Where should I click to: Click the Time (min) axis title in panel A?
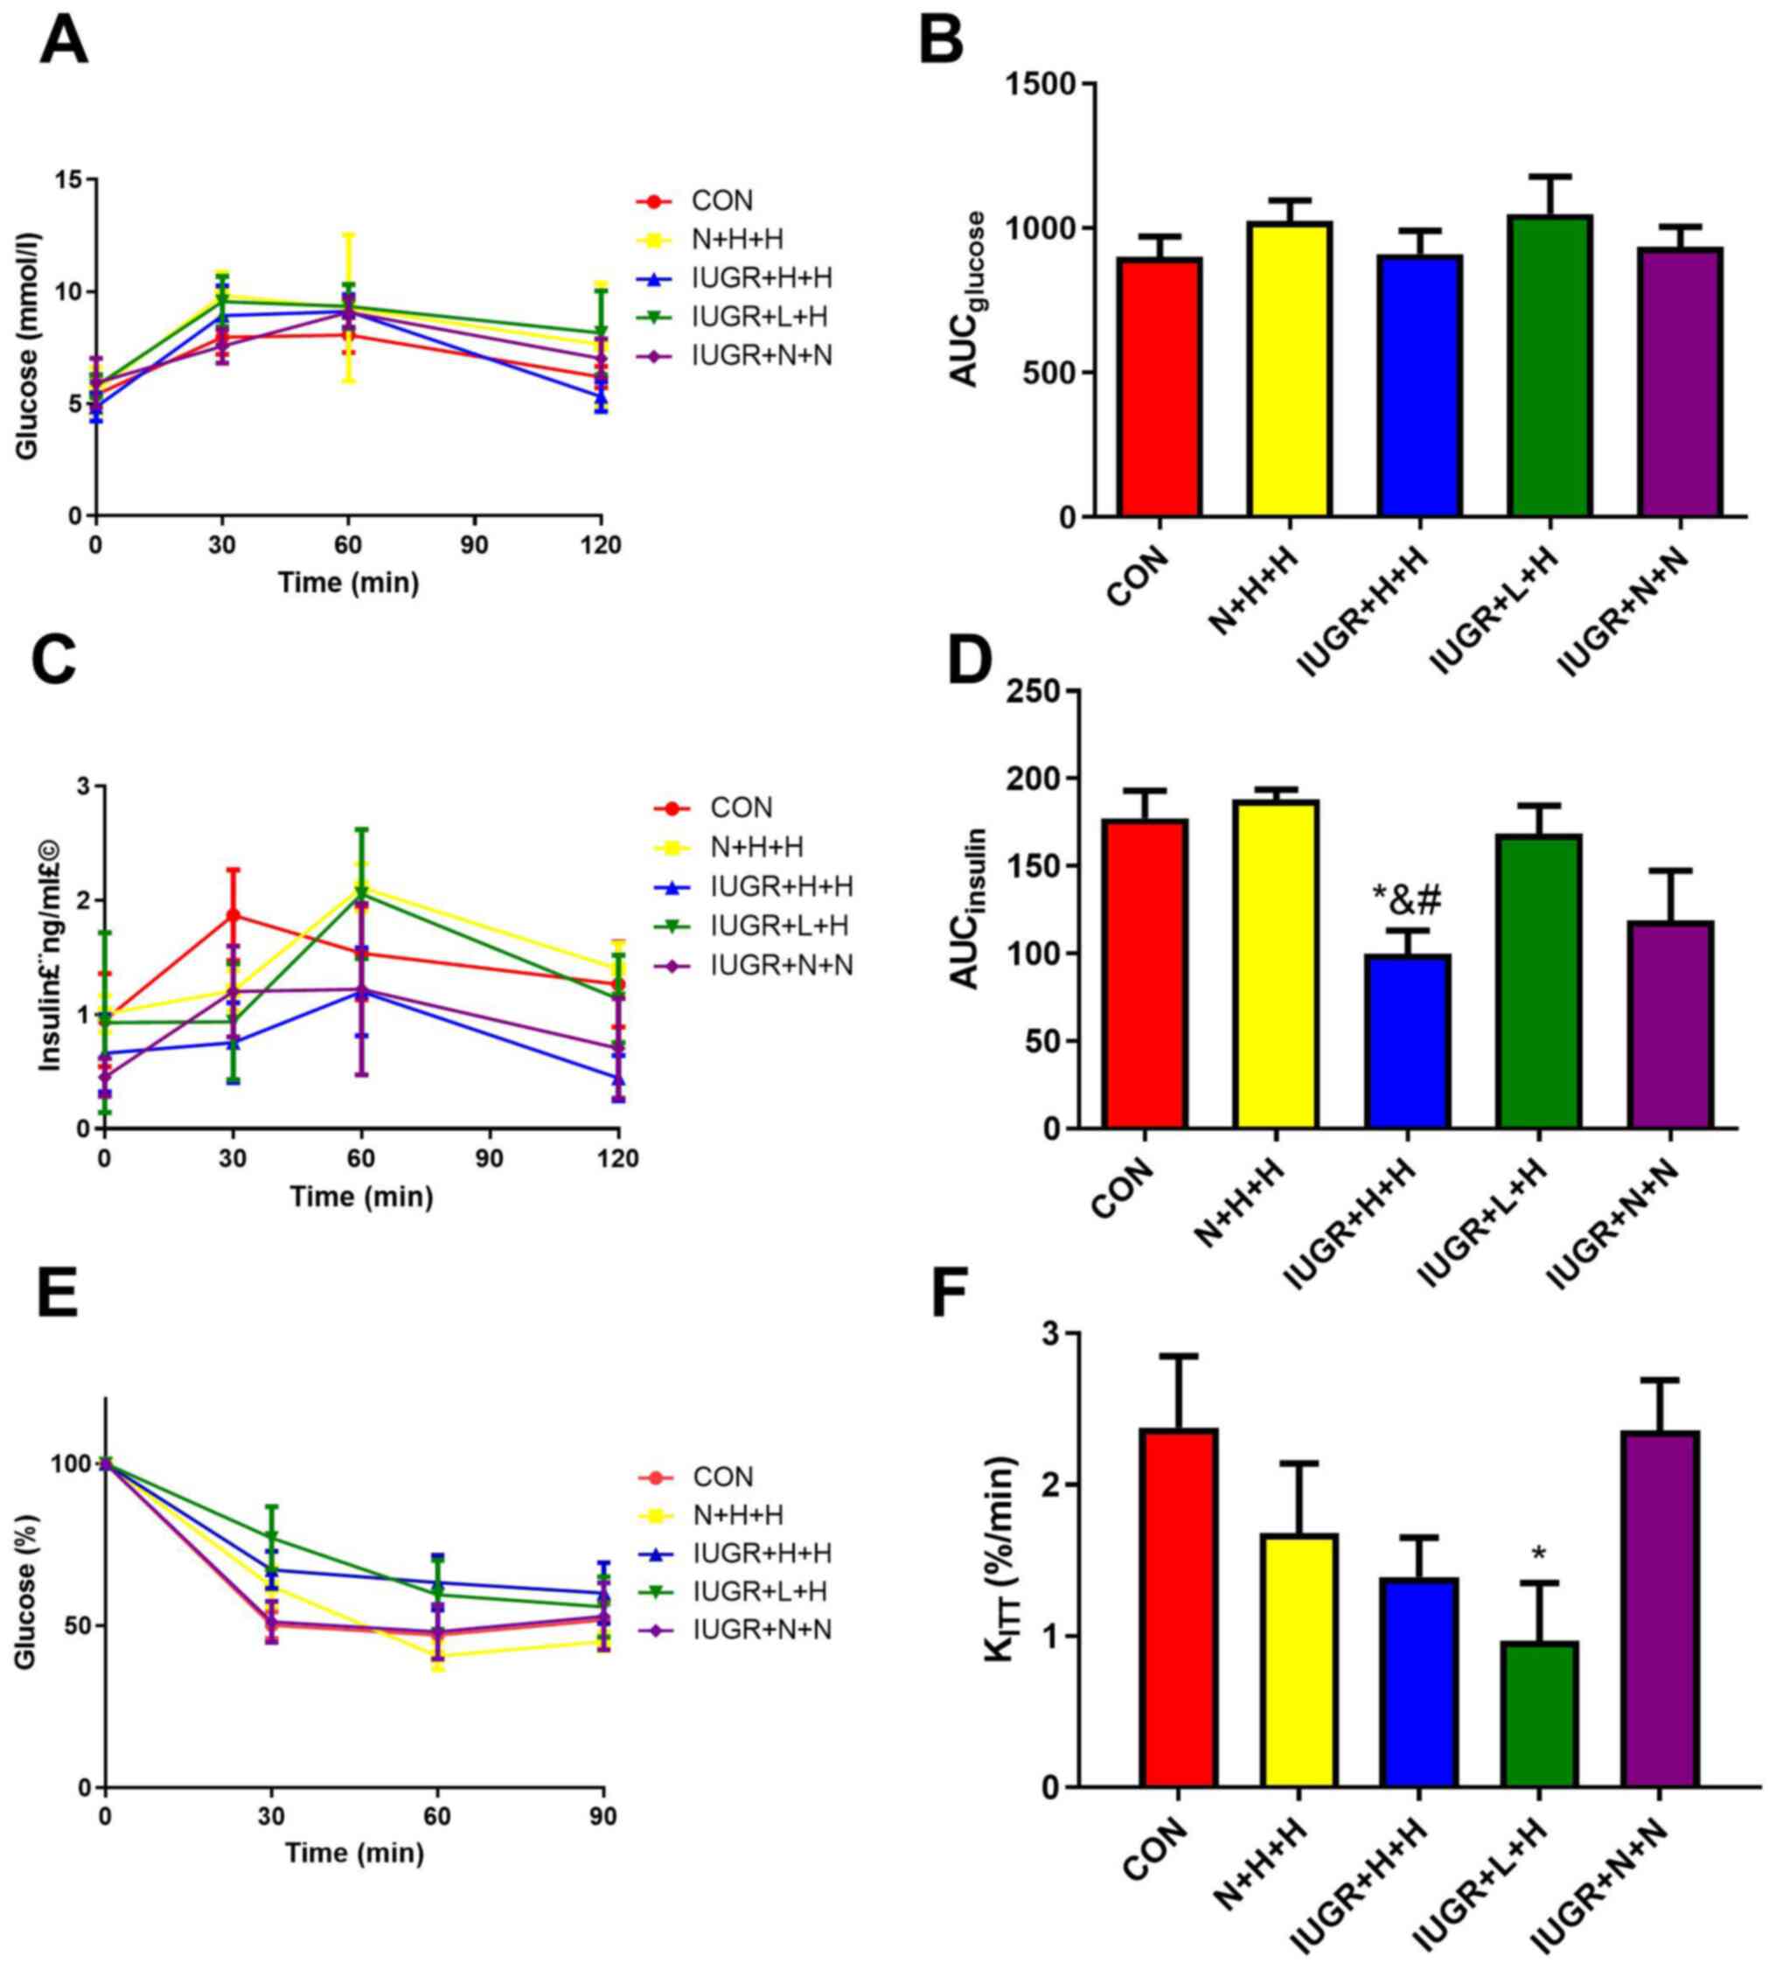(348, 583)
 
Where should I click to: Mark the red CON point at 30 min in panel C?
(233, 915)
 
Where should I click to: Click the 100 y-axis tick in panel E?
(71, 1464)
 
